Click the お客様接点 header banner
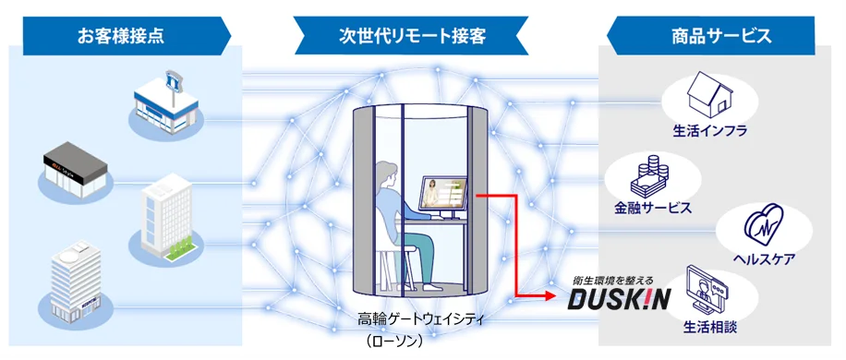point(120,37)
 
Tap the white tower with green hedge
point(166,217)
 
